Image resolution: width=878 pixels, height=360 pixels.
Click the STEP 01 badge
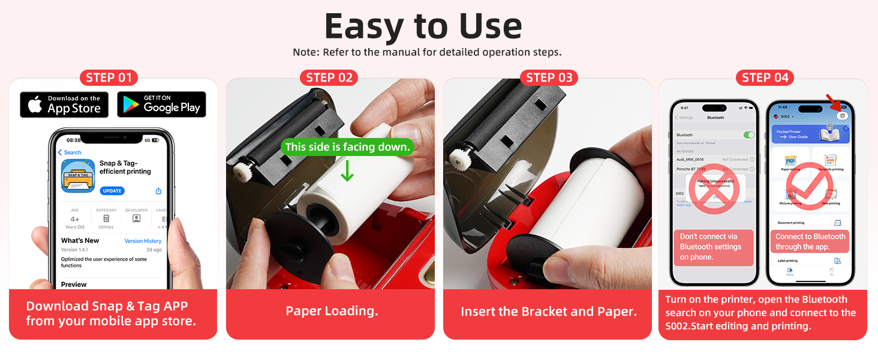click(109, 77)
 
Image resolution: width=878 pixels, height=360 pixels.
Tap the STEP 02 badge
click(329, 77)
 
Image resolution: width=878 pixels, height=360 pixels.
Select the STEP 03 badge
click(549, 77)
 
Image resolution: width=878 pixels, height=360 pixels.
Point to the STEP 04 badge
click(765, 77)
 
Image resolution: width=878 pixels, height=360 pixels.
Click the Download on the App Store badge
click(64, 104)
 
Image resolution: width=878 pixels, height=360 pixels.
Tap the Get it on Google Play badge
click(161, 104)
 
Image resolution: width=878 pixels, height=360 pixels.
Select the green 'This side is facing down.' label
click(348, 147)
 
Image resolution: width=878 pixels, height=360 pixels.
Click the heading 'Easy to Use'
click(423, 26)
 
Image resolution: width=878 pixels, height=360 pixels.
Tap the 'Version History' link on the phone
click(143, 241)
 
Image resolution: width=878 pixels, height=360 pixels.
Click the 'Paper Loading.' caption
click(332, 311)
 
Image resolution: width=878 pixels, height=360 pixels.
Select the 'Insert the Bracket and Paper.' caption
click(549, 311)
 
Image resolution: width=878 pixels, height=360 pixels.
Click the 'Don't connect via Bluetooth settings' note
click(713, 247)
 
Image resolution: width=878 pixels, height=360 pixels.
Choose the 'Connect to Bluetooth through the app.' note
click(810, 242)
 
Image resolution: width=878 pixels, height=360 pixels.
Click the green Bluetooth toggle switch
click(749, 135)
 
